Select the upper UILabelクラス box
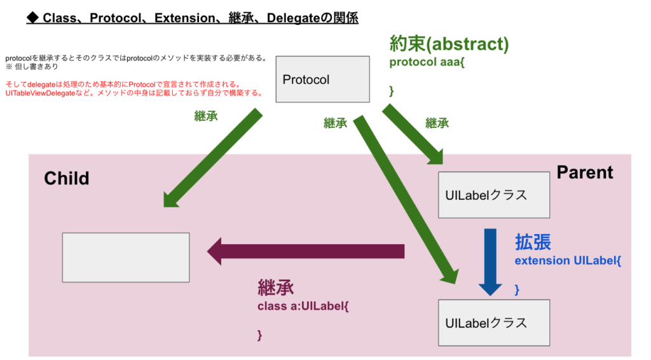(x=495, y=195)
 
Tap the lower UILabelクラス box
(x=495, y=322)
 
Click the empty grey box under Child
(x=126, y=257)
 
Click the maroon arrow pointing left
(x=305, y=251)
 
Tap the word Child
(x=67, y=178)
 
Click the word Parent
(x=585, y=172)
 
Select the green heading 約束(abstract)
(x=449, y=44)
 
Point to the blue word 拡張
(x=533, y=242)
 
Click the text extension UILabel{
(x=567, y=261)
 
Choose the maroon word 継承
(x=276, y=287)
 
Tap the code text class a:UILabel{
(x=303, y=307)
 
